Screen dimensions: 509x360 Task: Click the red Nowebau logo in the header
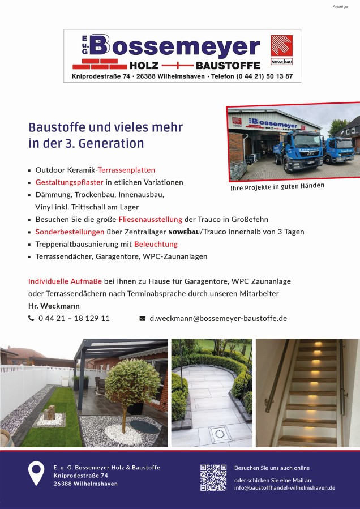[281, 49]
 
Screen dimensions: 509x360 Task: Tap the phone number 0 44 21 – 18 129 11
[74, 318]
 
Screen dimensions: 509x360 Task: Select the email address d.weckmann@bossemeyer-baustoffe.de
[218, 318]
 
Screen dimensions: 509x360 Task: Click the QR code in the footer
[213, 477]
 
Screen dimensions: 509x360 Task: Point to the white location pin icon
[36, 473]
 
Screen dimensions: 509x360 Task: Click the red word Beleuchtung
[156, 244]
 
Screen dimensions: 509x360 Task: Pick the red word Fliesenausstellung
[150, 219]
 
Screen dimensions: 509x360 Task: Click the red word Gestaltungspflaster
[69, 182]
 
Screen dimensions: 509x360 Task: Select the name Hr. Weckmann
[54, 306]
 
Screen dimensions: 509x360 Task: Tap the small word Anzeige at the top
[341, 6]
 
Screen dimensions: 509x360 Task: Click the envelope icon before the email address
[143, 318]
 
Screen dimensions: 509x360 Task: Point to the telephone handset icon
[31, 318]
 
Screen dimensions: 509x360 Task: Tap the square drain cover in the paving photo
[219, 434]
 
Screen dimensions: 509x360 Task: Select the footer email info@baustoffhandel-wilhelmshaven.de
[285, 487]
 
